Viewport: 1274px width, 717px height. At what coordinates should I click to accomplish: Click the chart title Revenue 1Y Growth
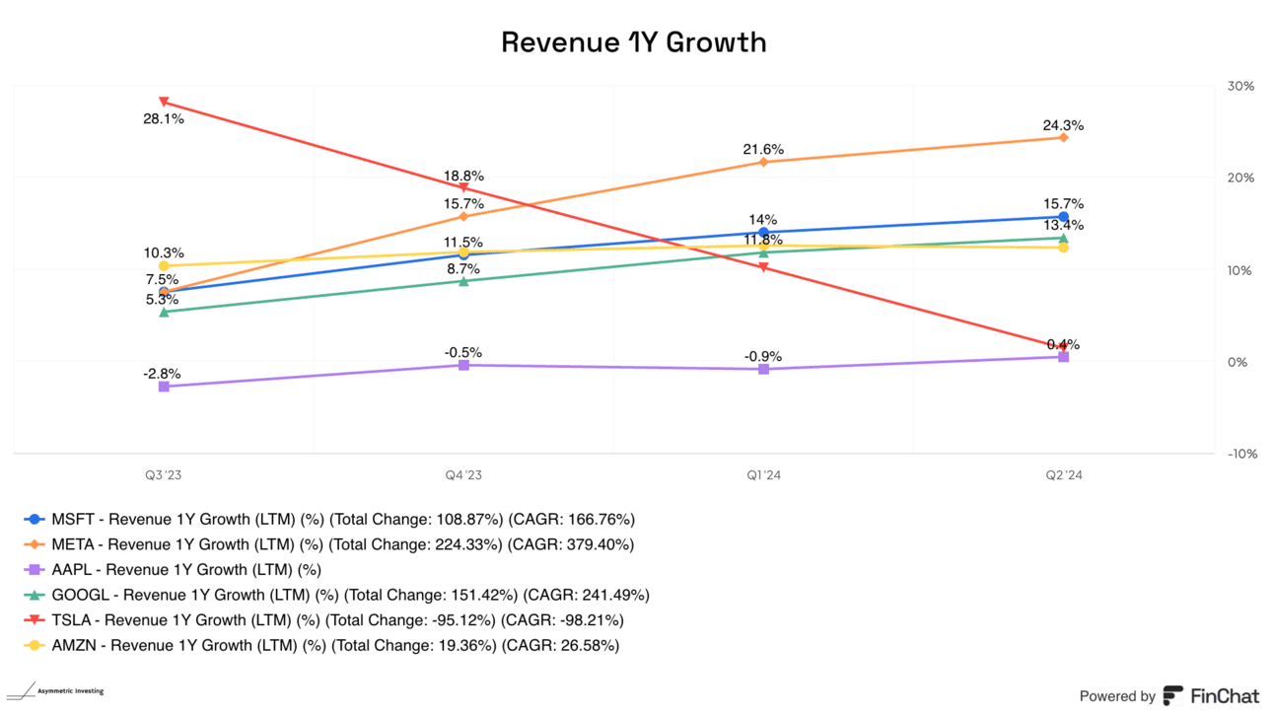[633, 42]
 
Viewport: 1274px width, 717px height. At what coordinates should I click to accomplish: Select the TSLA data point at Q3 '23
[164, 102]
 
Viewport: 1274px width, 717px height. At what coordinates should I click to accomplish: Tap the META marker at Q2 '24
[1063, 137]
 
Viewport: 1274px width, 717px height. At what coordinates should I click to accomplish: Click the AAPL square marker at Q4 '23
[463, 365]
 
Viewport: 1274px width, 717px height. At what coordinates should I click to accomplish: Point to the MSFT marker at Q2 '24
[1063, 217]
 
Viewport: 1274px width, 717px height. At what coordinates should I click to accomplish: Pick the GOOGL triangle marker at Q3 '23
[164, 312]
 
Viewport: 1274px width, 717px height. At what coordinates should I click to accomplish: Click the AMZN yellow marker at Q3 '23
[164, 265]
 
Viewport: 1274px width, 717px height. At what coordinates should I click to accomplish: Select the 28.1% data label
[164, 119]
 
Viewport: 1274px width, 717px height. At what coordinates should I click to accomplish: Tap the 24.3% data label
[1063, 125]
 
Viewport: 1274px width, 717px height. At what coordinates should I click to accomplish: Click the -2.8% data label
[164, 374]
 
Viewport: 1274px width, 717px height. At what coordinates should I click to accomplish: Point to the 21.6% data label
[763, 149]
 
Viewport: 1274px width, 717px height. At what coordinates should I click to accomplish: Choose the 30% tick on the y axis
[1241, 86]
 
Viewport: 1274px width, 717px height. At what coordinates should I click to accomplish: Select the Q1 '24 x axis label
[763, 474]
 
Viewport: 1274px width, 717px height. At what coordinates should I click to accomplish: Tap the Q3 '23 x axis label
[164, 474]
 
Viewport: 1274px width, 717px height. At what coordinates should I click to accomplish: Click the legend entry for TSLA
[325, 620]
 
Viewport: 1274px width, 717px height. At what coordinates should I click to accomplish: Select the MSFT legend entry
[329, 518]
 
